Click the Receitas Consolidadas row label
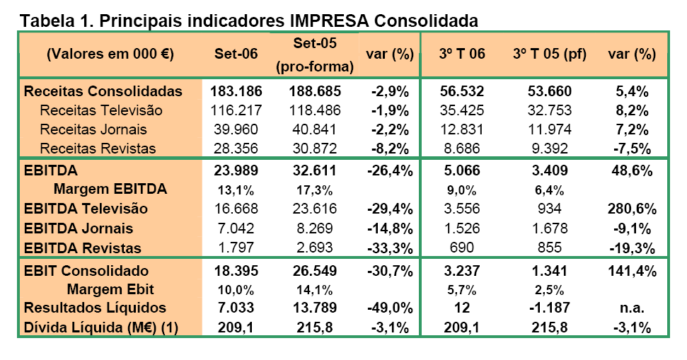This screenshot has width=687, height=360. (103, 91)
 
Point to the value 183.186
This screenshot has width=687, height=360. (236, 91)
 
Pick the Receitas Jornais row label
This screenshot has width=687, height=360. (93, 129)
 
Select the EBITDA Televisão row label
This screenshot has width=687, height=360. (86, 209)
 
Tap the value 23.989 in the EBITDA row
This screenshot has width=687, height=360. (236, 170)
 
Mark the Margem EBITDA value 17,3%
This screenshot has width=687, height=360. (315, 190)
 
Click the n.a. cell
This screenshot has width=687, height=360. (632, 308)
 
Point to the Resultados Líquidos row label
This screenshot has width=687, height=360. (95, 308)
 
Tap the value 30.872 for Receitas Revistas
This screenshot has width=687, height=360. (315, 149)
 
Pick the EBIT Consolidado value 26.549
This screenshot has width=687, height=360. (315, 271)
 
